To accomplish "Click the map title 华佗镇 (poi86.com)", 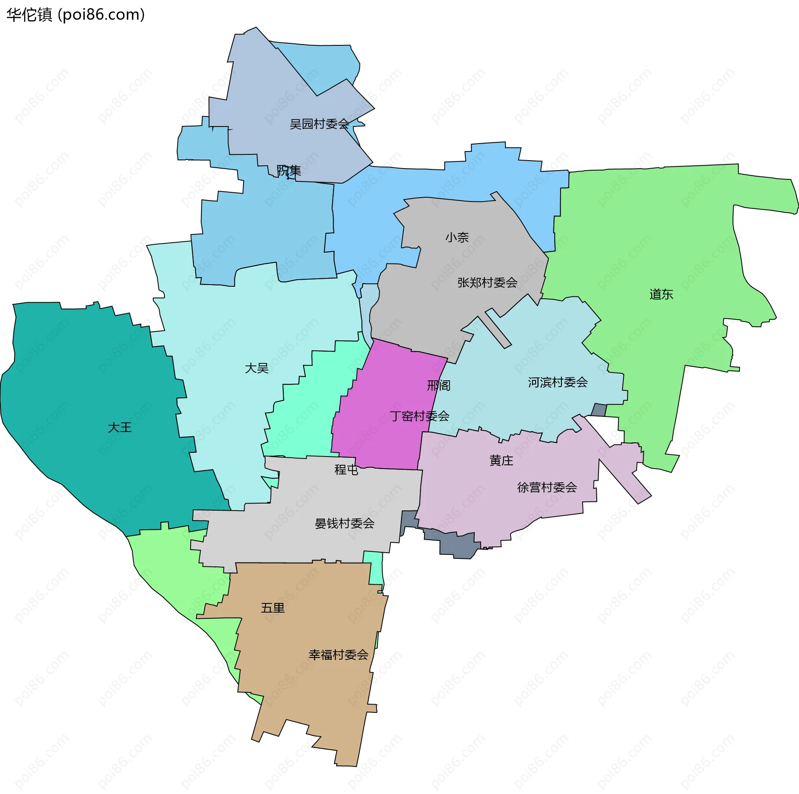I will (x=75, y=15).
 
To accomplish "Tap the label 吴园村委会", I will (x=319, y=124).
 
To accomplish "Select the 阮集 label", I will (x=289, y=171).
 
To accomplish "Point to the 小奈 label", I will (x=457, y=237).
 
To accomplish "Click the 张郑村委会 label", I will (x=487, y=283).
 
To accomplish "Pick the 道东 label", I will (x=661, y=294).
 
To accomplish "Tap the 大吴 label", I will (x=257, y=368).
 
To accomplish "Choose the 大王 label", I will (x=120, y=427).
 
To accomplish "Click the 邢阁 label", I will (x=439, y=385).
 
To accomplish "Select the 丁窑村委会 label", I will (x=419, y=416).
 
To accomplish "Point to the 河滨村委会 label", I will (x=558, y=382).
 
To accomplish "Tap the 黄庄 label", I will (x=501, y=460).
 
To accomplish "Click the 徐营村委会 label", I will (x=547, y=487).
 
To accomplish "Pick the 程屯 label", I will (x=346, y=469).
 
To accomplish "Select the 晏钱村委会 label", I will (x=345, y=523).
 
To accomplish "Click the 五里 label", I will (x=273, y=608).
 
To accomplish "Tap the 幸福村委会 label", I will (x=338, y=655).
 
